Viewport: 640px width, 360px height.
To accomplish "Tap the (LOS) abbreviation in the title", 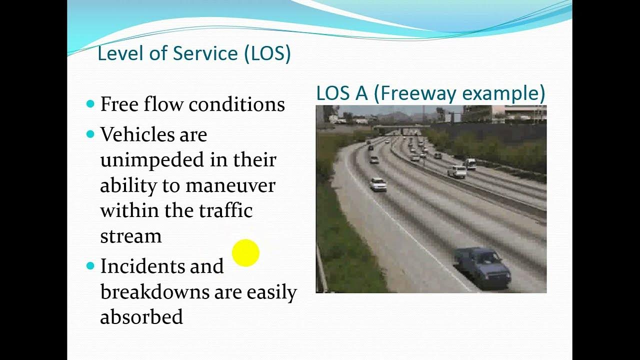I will tap(267, 53).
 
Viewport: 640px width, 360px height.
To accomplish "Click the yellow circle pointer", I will tap(246, 253).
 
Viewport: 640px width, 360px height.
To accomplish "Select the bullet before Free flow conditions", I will tap(90, 104).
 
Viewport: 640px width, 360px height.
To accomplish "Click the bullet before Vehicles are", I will tap(90, 134).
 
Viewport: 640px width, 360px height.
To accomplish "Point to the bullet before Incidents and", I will tap(90, 265).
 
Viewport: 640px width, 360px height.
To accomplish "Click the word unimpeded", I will tap(148, 160).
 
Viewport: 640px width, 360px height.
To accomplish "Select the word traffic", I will tap(226, 210).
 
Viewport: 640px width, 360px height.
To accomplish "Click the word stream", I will tap(131, 236).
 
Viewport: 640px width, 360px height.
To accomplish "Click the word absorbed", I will tap(141, 317).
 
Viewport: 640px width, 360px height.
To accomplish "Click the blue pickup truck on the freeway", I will tap(482, 266).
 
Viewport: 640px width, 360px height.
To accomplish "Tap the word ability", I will tap(127, 186).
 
